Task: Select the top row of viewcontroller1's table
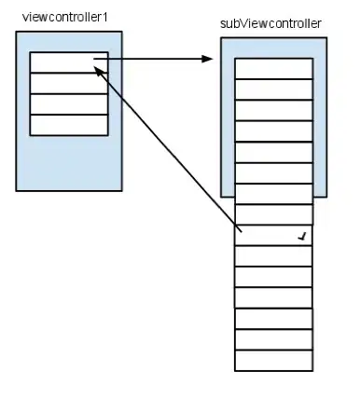tap(69, 62)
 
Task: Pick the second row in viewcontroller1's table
tap(69, 83)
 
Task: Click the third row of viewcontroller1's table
tap(69, 104)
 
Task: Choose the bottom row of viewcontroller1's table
tap(69, 125)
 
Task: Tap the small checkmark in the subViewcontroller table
tap(301, 237)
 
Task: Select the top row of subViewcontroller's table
tap(273, 68)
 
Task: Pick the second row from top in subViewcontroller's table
tap(273, 89)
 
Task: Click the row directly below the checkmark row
tap(273, 256)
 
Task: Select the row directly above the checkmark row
tap(273, 214)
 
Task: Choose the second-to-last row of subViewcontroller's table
tap(273, 340)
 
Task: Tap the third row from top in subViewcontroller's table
tap(273, 110)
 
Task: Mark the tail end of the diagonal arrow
tap(242, 230)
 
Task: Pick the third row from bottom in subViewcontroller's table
tap(273, 319)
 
